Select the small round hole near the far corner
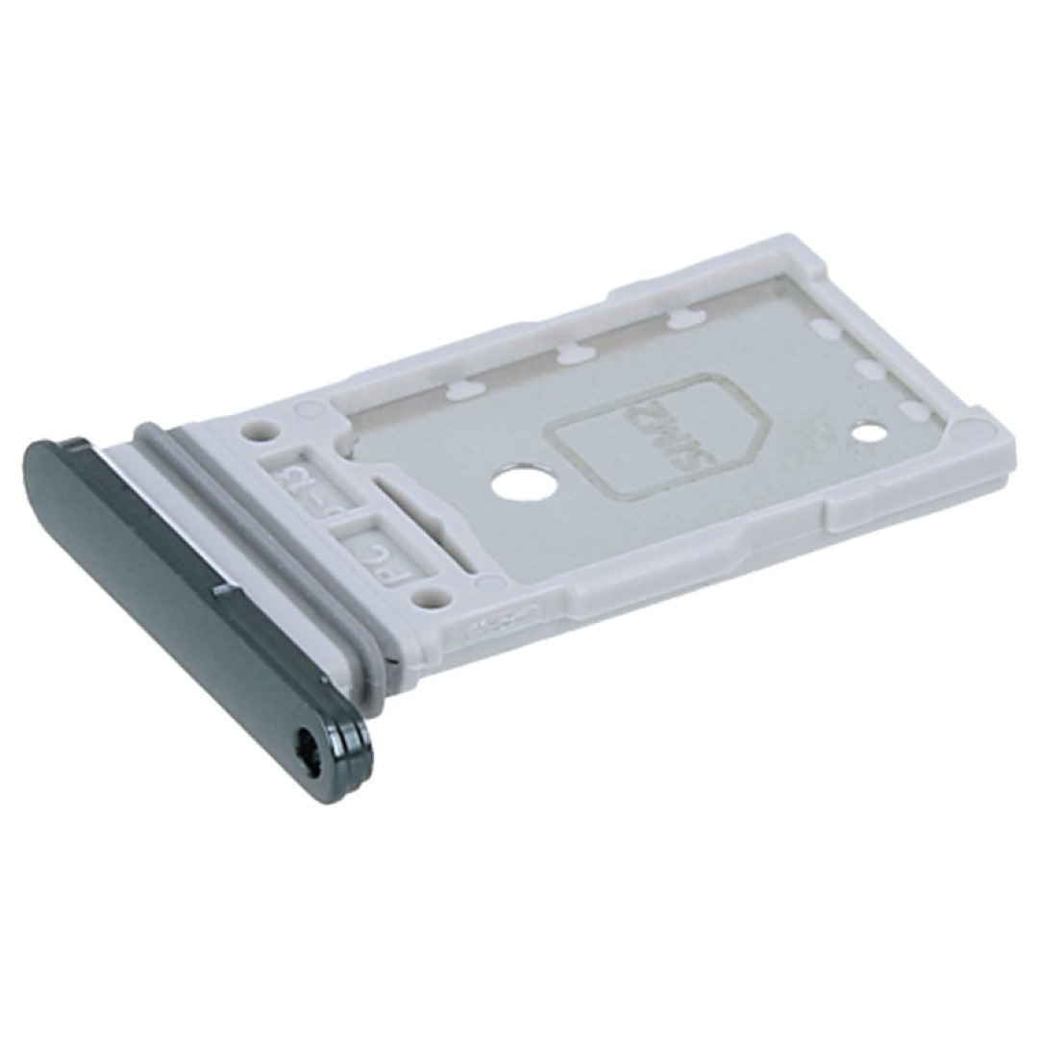point(868,432)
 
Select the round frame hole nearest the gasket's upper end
point(255,432)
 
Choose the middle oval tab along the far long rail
point(569,355)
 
